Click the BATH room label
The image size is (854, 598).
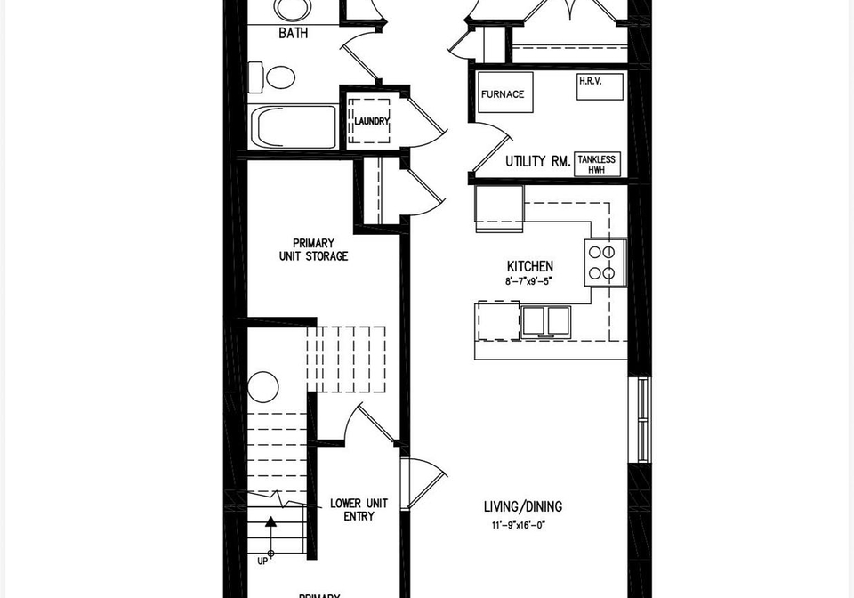click(x=293, y=33)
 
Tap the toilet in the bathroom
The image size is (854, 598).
click(x=272, y=77)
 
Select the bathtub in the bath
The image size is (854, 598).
click(x=293, y=126)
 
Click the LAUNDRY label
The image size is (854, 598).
click(x=372, y=121)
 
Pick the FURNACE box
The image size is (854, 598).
click(x=504, y=93)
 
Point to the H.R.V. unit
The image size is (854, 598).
click(x=600, y=86)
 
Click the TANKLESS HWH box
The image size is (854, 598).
click(x=597, y=164)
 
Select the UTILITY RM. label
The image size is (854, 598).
click(x=537, y=161)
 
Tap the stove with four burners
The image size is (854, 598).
click(x=606, y=262)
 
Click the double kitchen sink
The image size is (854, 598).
click(x=545, y=321)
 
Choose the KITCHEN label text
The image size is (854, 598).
click(x=530, y=266)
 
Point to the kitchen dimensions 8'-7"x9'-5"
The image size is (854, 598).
click(x=528, y=281)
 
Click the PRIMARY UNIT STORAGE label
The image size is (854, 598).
click(x=313, y=249)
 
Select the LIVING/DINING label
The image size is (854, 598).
click(x=523, y=506)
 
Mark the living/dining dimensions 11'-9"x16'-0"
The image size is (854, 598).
click(x=518, y=525)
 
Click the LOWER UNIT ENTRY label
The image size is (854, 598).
click(x=359, y=510)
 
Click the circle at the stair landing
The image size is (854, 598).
click(x=263, y=387)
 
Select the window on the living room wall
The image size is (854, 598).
click(x=644, y=419)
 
